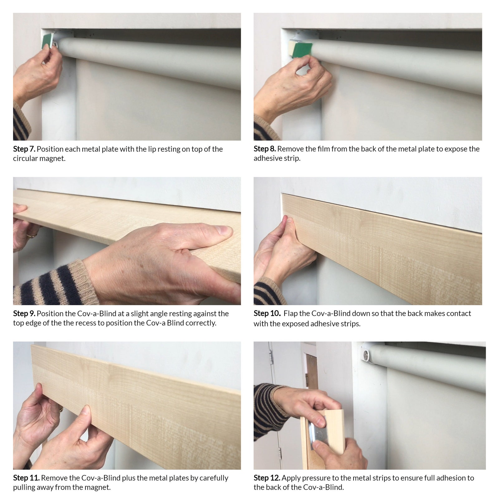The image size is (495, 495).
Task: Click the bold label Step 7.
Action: pos(24,149)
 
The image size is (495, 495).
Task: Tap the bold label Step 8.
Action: pos(265,149)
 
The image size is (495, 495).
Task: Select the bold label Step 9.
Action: pos(24,314)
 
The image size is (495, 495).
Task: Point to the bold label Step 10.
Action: pos(267,313)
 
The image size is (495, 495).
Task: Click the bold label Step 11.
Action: pos(26,478)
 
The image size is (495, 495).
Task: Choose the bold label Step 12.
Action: pos(267,478)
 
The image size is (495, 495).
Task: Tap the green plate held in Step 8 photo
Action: pos(303,50)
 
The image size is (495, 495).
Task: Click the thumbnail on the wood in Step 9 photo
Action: pos(225,231)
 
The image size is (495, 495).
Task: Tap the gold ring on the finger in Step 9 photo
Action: pos(31,235)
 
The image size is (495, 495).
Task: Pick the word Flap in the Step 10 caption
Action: pos(291,313)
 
